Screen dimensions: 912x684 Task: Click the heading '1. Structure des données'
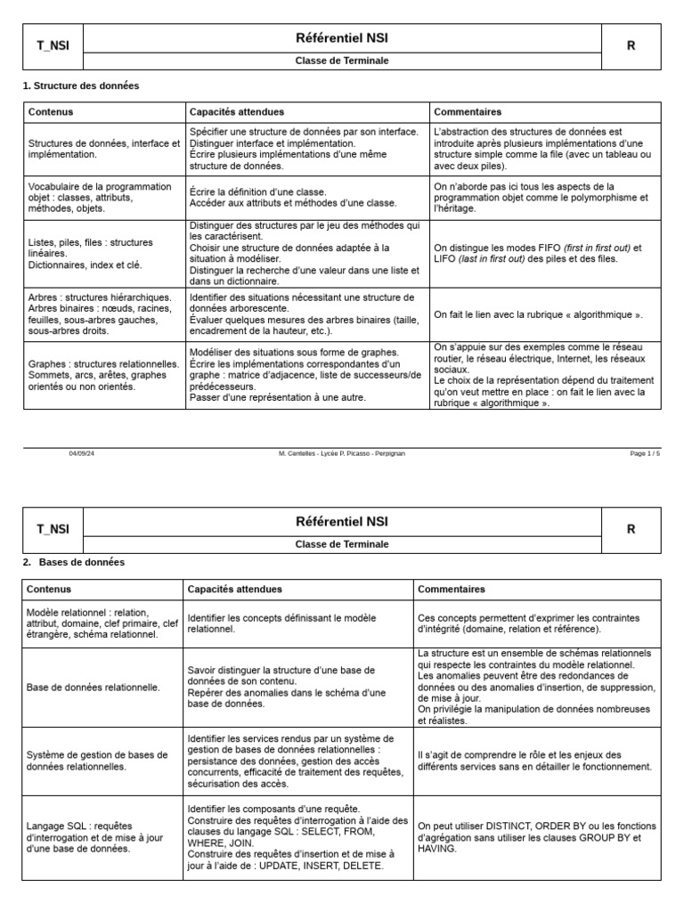pos(80,85)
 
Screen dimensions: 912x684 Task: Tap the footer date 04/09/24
pos(81,453)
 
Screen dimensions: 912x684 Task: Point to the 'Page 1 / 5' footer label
pos(645,453)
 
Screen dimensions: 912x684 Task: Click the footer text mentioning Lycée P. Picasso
pos(341,453)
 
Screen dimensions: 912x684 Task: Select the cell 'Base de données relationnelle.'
pos(94,688)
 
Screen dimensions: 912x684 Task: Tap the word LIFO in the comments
pos(444,259)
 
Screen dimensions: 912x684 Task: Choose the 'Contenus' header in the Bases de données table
pos(49,590)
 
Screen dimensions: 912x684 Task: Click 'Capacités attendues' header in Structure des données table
pos(237,112)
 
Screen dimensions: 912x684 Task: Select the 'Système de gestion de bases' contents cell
pos(97,761)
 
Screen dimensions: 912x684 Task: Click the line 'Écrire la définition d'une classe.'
pos(258,191)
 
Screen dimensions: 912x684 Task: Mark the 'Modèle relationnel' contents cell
pos(102,623)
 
